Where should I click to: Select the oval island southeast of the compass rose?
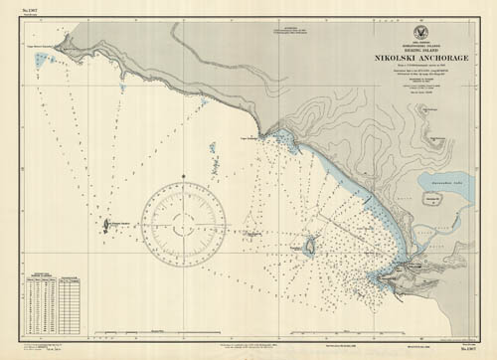(x=308, y=244)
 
